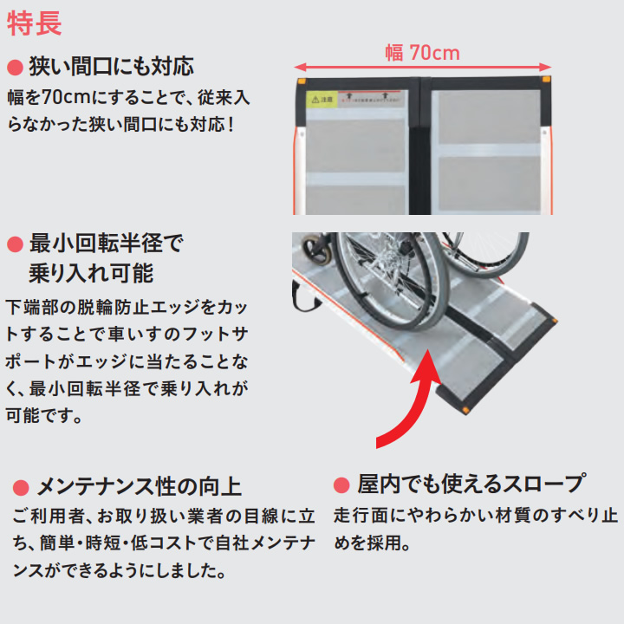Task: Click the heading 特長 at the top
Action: pos(35,23)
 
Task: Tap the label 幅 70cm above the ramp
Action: pos(422,53)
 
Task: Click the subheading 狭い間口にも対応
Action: pos(111,66)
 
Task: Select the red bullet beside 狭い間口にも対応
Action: pos(15,67)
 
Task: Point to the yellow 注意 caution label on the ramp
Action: pos(322,101)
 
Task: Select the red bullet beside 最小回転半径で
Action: pos(15,244)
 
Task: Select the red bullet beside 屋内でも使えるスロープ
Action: pos(341,484)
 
